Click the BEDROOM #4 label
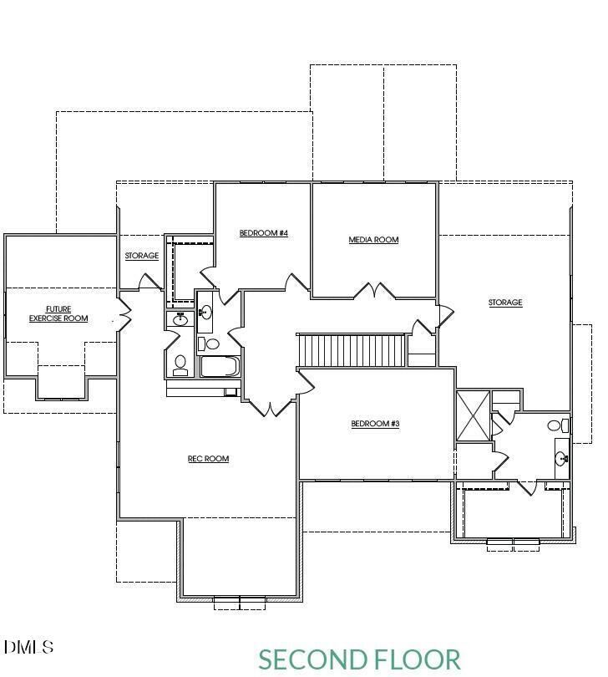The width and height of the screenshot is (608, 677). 263,233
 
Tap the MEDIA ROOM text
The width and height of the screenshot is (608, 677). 373,240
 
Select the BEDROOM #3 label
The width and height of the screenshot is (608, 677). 375,424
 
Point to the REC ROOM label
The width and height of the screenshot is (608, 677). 208,459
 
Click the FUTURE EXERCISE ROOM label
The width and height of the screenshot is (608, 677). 58,314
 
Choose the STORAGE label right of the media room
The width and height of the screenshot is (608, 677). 505,303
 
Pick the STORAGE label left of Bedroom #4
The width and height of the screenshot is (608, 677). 142,256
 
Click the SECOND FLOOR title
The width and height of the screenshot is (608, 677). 359,659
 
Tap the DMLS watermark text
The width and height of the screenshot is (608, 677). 28,647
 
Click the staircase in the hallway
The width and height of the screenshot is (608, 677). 352,349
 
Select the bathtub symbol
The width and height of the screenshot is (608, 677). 220,367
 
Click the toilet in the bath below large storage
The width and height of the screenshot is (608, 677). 555,425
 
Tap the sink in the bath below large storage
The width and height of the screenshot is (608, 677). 562,457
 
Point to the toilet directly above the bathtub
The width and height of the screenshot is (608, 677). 212,344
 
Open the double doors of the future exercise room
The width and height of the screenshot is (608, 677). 124,315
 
